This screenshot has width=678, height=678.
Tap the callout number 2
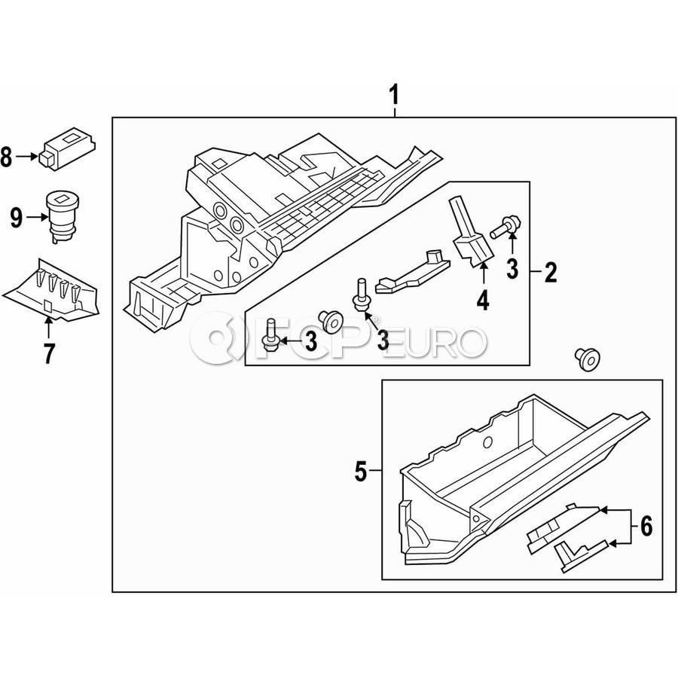tap(551, 272)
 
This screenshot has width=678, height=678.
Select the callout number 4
tap(482, 301)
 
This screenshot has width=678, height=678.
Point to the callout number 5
tap(360, 472)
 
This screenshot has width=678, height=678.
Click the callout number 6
tap(646, 526)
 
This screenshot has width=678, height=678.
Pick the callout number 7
tap(49, 353)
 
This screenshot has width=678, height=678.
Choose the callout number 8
tap(7, 157)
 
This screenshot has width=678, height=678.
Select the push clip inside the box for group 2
tap(329, 320)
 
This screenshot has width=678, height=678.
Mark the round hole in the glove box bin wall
tap(487, 442)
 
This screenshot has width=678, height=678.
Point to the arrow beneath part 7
tap(49, 327)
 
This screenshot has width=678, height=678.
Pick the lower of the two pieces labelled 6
tap(576, 554)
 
